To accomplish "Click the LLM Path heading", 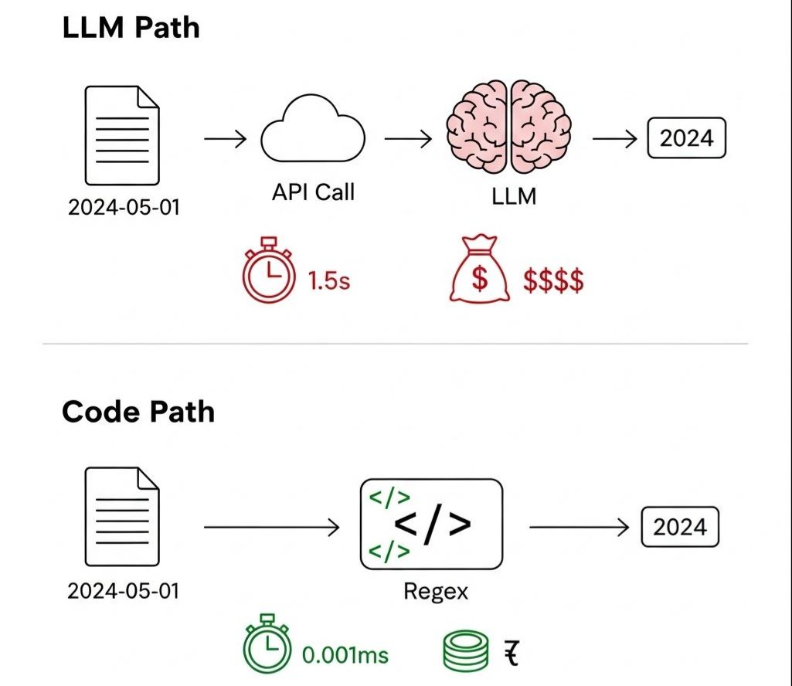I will click(x=130, y=28).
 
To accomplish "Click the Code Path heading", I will click(x=138, y=412).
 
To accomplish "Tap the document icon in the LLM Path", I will click(x=122, y=136).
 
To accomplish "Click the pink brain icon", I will click(x=509, y=127).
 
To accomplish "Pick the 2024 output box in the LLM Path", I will click(x=686, y=139).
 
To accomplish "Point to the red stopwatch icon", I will click(x=269, y=275).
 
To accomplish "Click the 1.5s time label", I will click(x=329, y=280).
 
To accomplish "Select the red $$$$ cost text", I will click(x=553, y=281).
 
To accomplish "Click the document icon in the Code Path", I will click(x=122, y=518).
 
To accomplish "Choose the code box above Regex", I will click(x=431, y=525).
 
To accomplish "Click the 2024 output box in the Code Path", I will click(x=680, y=528).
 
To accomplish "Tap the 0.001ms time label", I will click(x=345, y=656).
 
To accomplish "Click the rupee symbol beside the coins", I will click(x=511, y=654).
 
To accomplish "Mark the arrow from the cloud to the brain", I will click(x=407, y=140).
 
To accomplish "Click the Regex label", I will click(x=435, y=592).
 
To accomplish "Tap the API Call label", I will click(x=313, y=192).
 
